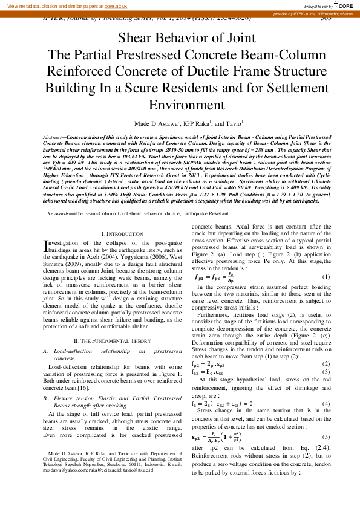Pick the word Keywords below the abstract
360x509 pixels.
click(x=61, y=215)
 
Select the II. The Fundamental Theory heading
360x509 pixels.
click(x=113, y=340)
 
